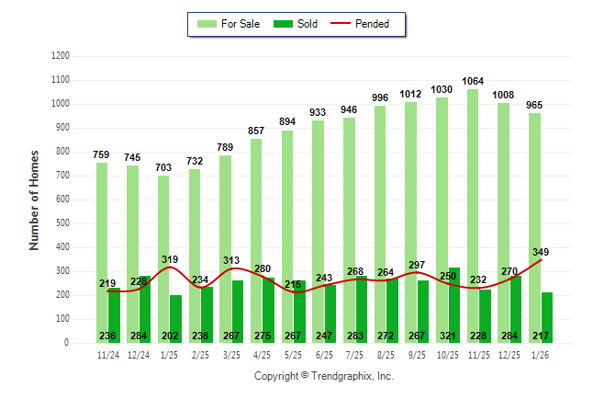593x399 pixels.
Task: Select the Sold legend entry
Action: (296, 24)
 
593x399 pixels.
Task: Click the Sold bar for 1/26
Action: (546, 317)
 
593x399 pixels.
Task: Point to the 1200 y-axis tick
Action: (60, 56)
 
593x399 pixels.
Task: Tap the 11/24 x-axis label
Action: (107, 354)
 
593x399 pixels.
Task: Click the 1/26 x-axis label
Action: (540, 354)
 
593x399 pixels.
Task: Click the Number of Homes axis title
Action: (34, 199)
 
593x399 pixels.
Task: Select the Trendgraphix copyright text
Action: (323, 377)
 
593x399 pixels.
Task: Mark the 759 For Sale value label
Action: (101, 154)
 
